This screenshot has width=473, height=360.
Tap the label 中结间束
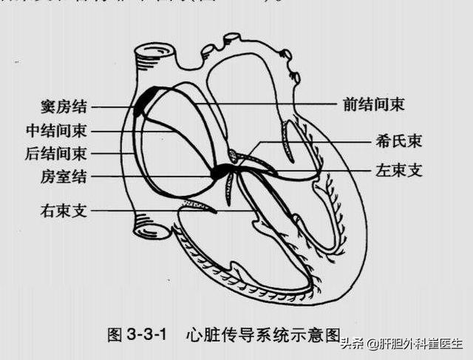[x=57, y=131]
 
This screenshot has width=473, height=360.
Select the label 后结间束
[x=57, y=154]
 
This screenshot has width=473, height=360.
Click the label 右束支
[x=64, y=211]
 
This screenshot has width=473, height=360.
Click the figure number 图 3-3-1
[x=137, y=335]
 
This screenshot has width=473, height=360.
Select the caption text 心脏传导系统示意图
[x=266, y=335]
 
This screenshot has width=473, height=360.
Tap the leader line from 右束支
[x=148, y=210]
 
